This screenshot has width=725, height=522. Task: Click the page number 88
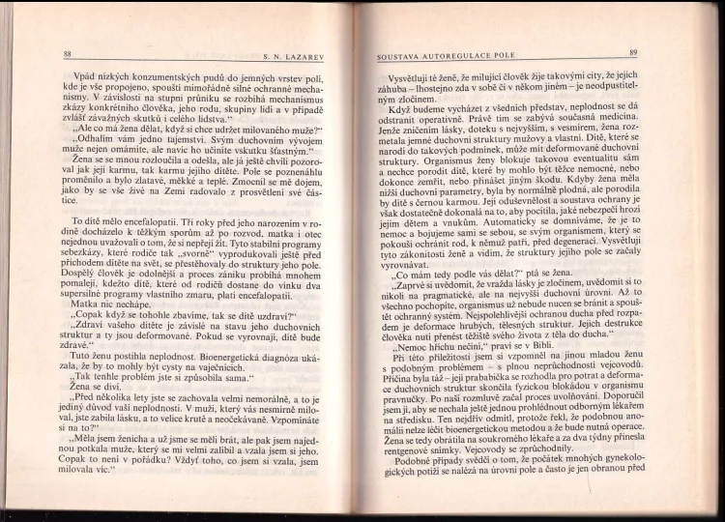point(67,53)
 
